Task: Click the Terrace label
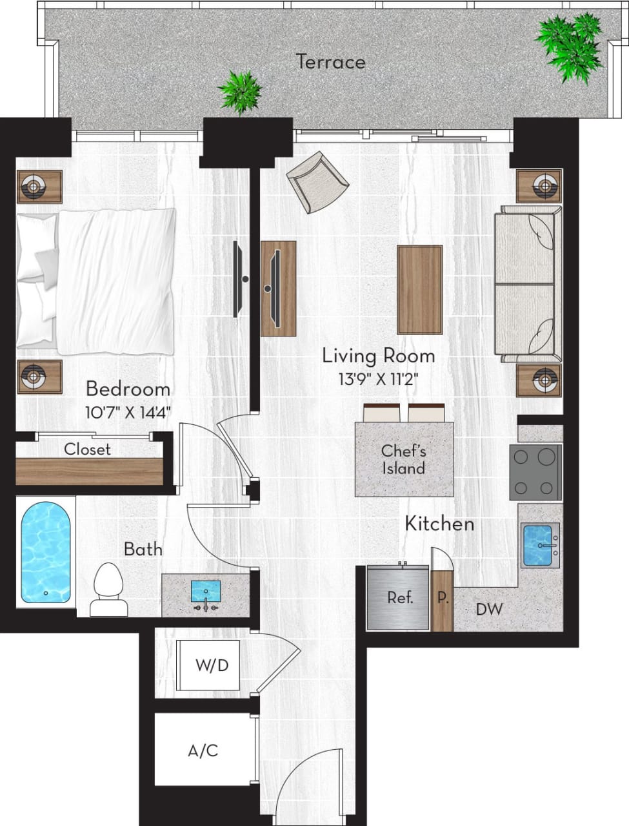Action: pos(330,62)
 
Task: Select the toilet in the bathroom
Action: pos(108,588)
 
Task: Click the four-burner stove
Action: pos(535,472)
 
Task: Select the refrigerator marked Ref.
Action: pos(398,598)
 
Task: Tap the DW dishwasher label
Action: pos(489,609)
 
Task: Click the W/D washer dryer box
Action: pos(212,665)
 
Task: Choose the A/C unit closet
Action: pos(203,750)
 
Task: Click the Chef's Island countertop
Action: pos(404,459)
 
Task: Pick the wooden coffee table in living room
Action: pos(419,289)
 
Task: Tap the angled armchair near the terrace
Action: pos(317,181)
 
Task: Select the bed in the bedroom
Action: pos(97,281)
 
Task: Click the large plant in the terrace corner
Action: pos(570,46)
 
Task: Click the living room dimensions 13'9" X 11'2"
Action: pos(378,379)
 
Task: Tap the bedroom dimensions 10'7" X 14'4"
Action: pos(128,412)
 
